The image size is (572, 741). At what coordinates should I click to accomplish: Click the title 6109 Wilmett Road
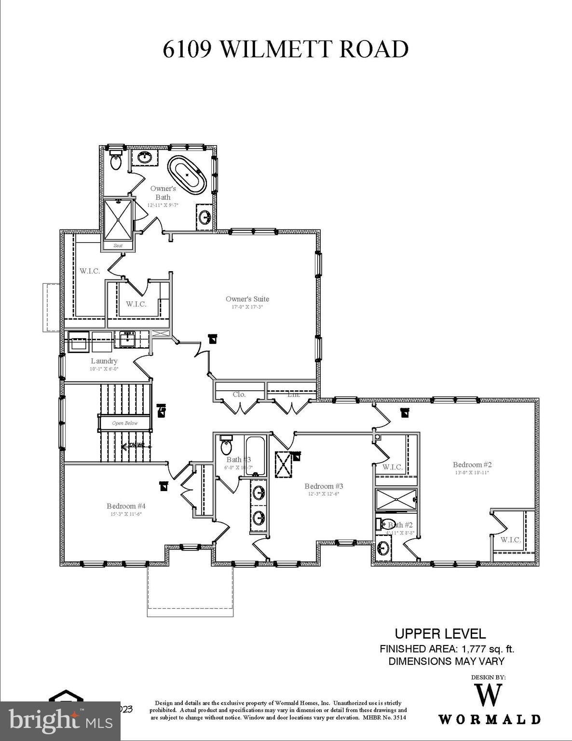tap(286, 49)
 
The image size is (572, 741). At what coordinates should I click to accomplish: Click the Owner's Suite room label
tap(247, 299)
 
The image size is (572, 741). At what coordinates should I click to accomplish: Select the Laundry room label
tap(104, 361)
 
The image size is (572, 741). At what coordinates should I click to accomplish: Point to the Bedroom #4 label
tap(126, 506)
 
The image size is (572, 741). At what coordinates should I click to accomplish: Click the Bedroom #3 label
tap(323, 486)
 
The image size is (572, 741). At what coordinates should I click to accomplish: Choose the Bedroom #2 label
tap(472, 465)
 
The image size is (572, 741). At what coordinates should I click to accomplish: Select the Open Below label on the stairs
tap(124, 423)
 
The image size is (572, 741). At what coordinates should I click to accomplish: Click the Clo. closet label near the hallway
tap(239, 394)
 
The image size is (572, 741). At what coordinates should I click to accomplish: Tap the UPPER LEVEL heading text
tap(440, 634)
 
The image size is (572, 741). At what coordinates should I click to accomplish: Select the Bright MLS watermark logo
tap(60, 721)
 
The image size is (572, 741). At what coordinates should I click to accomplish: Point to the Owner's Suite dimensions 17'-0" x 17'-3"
tap(247, 307)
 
